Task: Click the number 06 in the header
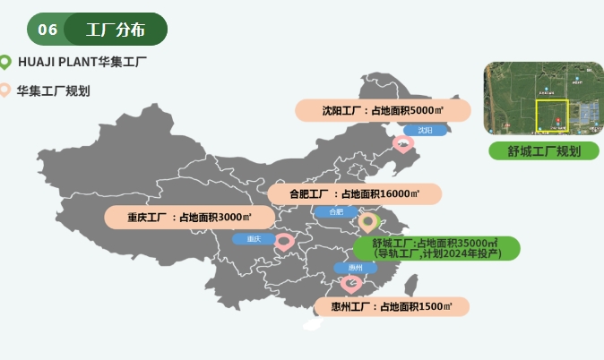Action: pos(47,30)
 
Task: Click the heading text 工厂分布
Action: pos(116,30)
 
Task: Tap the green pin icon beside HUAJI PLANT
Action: pos(5,62)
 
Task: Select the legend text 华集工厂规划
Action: pos(53,90)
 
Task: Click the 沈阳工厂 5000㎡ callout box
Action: pos(384,111)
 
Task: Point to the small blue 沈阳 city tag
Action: pos(425,131)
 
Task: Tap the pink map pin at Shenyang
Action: pos(403,142)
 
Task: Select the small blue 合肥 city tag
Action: pos(336,212)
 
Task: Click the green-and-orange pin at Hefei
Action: pos(367,221)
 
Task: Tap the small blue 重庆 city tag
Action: pos(254,239)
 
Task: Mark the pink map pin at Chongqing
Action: pos(284,241)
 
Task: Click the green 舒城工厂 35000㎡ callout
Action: pos(436,248)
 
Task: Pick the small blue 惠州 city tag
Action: pos(355,268)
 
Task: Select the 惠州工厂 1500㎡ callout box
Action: pos(391,307)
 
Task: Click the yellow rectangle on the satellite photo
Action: pos(552,116)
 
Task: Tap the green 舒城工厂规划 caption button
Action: pos(544,150)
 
